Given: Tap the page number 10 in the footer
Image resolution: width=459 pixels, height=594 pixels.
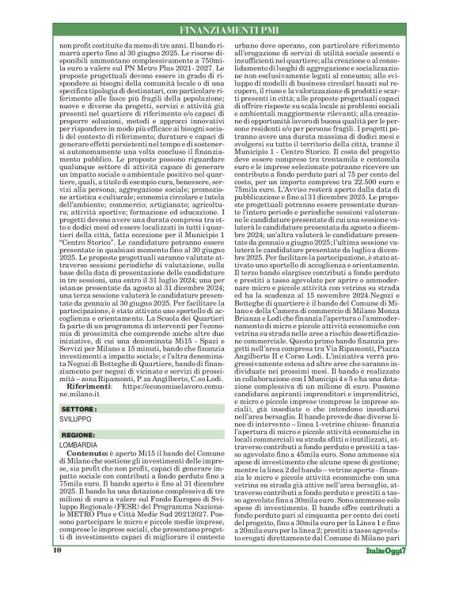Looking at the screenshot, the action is click(x=58, y=572).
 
